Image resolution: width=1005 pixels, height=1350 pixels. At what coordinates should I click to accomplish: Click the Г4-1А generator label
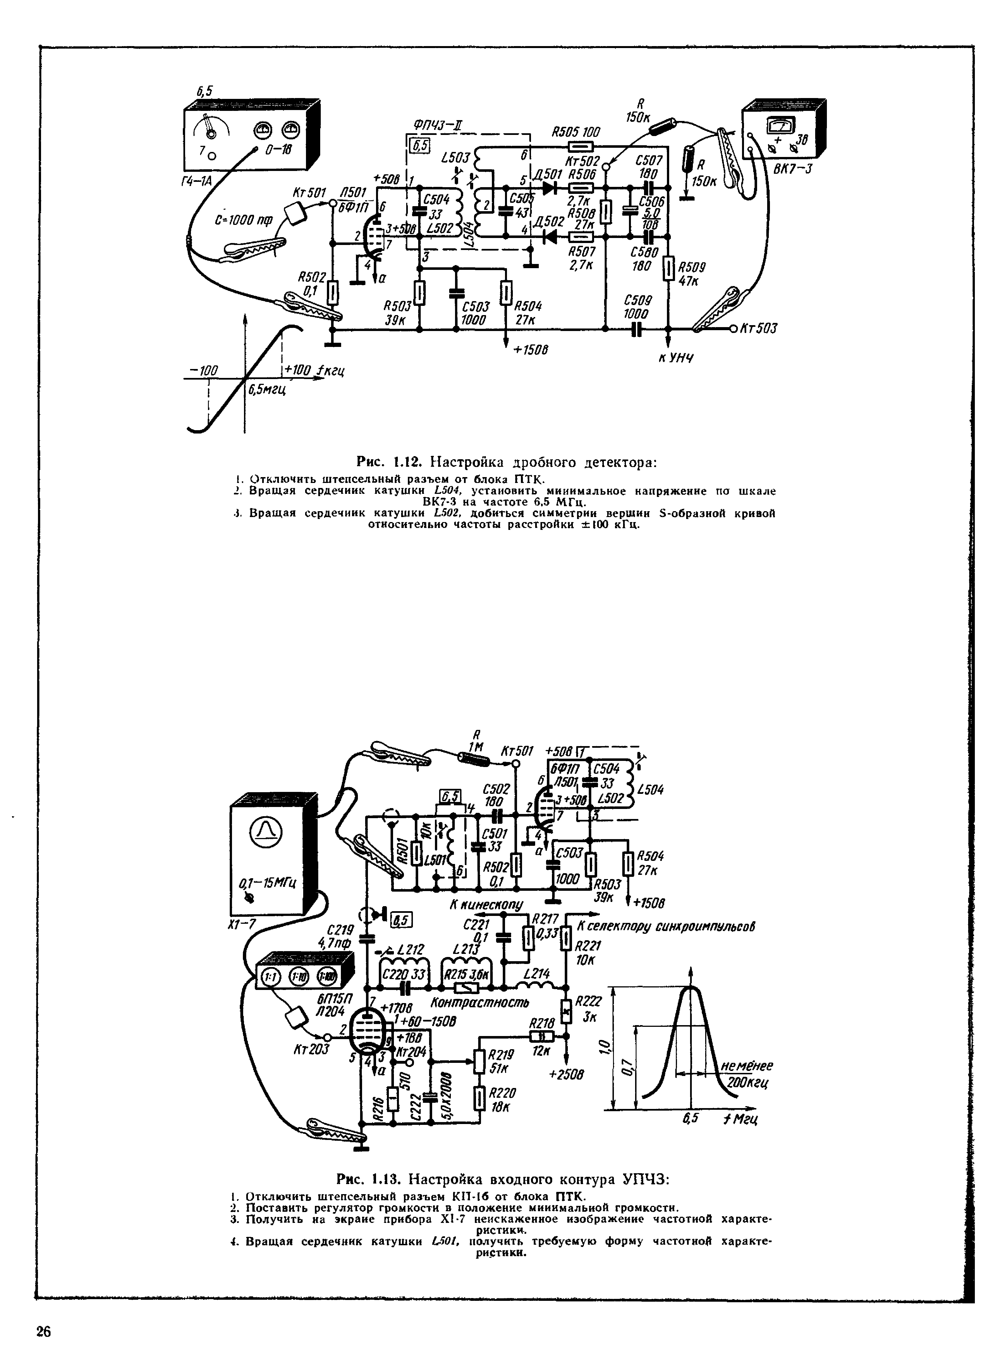click(x=198, y=180)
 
